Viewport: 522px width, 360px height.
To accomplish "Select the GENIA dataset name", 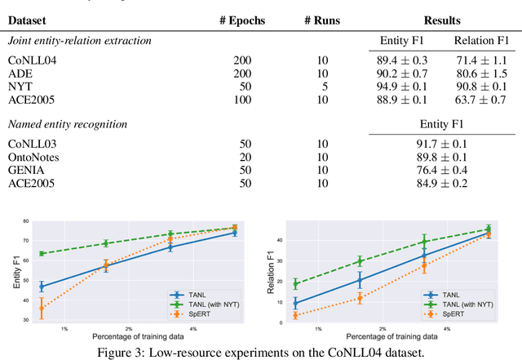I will click(x=25, y=169).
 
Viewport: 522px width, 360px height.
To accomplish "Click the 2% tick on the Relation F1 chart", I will click(x=382, y=328).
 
